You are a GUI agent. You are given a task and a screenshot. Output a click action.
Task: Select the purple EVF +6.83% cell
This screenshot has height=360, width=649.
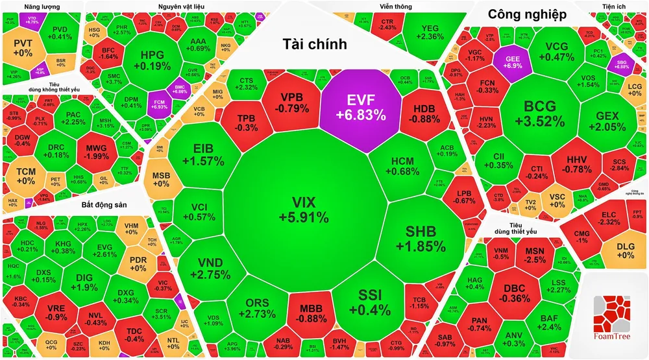tap(361, 107)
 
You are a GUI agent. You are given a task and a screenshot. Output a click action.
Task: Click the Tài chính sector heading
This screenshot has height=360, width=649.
tap(315, 44)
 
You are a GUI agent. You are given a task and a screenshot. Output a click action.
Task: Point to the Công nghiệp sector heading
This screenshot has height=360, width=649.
tap(527, 14)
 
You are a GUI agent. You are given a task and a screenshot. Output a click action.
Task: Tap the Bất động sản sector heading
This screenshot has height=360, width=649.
tap(104, 205)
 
